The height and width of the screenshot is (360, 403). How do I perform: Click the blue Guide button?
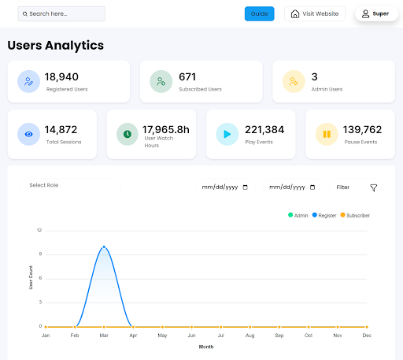[x=259, y=13]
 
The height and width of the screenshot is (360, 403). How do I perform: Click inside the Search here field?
[x=61, y=14]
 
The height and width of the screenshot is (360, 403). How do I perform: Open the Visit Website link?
[x=315, y=13]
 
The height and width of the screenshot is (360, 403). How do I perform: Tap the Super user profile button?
[x=376, y=13]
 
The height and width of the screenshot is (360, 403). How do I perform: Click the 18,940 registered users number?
[x=61, y=77]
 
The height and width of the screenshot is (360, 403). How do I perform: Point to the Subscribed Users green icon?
[x=161, y=81]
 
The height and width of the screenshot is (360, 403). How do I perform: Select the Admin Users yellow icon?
[x=294, y=81]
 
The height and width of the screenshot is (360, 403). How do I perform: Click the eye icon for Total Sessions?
[x=28, y=134]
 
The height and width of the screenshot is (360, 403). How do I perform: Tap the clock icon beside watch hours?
[x=128, y=134]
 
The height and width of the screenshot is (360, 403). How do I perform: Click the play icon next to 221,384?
[x=227, y=134]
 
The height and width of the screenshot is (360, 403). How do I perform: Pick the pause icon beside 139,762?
[x=327, y=134]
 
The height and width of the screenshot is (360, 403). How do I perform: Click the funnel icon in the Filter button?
[x=374, y=187]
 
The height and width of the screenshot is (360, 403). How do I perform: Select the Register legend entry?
[x=324, y=215]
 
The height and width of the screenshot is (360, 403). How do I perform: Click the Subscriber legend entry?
[x=355, y=215]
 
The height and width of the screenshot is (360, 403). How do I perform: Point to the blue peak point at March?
[x=104, y=247]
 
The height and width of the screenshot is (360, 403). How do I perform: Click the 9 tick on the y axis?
[x=40, y=254]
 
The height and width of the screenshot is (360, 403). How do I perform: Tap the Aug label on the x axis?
[x=250, y=336]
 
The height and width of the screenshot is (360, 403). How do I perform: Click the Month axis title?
[x=206, y=347]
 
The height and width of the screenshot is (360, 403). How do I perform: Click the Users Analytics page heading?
[x=56, y=45]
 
